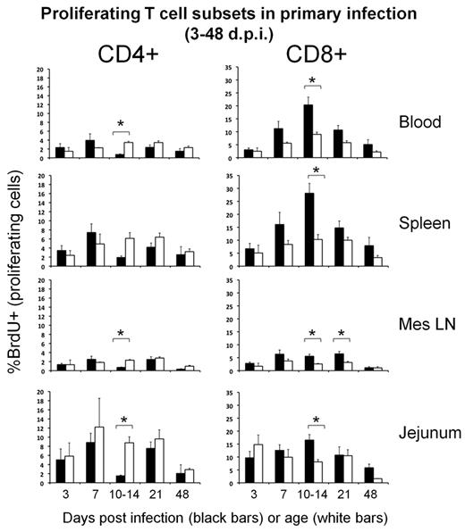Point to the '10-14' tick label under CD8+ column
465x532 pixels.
click(x=313, y=495)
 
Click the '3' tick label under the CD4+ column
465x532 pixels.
click(x=57, y=495)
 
